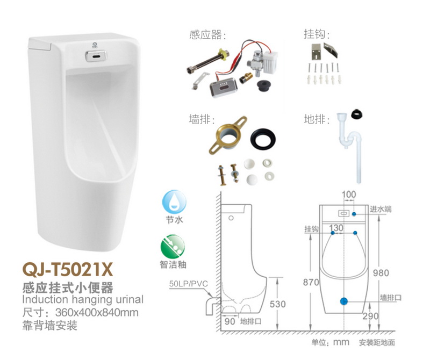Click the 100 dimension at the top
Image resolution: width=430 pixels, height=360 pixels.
click(x=349, y=194)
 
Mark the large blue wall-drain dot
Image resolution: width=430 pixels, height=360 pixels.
click(x=345, y=302)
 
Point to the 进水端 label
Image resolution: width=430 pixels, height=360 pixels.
click(x=381, y=209)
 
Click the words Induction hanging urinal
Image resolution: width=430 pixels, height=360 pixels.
click(x=83, y=299)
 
